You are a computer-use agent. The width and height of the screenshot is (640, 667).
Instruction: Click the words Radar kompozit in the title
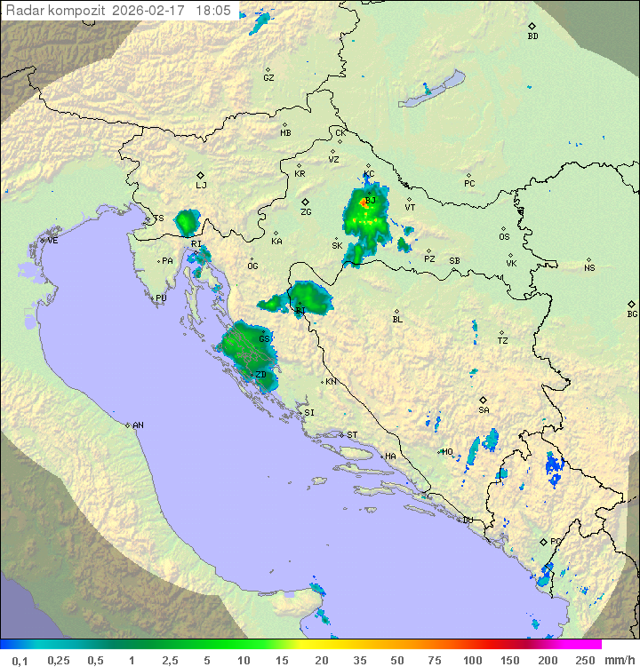[56, 11]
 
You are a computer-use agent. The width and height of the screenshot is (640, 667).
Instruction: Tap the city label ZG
[306, 212]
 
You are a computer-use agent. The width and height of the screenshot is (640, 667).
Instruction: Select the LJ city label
[201, 185]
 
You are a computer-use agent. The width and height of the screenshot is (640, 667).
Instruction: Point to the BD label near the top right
[532, 36]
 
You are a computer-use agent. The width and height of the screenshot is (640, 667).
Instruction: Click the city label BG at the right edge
[632, 314]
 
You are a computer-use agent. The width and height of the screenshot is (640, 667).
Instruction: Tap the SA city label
[484, 409]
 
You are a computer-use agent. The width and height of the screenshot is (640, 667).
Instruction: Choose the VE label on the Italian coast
[52, 241]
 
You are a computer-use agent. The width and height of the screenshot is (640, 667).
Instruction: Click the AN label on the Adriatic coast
[138, 425]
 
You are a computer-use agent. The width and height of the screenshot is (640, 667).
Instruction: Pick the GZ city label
[268, 77]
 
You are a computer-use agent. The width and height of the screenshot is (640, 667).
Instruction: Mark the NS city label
[589, 267]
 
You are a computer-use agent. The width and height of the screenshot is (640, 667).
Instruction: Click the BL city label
[397, 319]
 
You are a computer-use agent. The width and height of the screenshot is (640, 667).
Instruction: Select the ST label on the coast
[352, 434]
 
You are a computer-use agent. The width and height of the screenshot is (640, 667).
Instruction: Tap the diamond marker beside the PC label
[468, 175]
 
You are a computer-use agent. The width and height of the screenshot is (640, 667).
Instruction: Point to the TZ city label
[502, 340]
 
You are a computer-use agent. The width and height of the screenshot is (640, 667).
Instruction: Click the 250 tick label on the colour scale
[584, 660]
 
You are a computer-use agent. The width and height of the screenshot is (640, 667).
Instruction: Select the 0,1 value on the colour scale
[20, 660]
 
